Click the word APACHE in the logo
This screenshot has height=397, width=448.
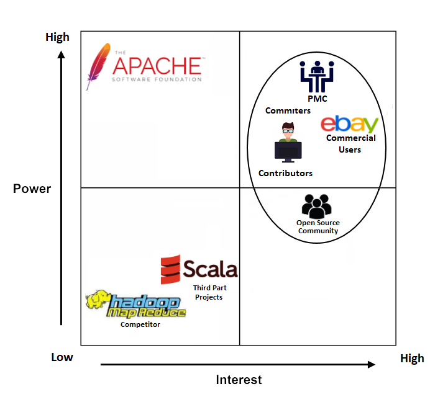157,66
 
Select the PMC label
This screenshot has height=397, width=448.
317,99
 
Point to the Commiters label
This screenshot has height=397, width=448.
288,110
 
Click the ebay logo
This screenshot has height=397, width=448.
350,123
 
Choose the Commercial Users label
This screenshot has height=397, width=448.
350,143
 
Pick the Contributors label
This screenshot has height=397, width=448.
285,173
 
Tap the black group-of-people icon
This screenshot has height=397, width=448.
317,205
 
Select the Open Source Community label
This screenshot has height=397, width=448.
318,226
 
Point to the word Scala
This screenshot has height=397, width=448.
210,269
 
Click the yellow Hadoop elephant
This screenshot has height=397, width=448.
98,300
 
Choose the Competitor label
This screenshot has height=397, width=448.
140,324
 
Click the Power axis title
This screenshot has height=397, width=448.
32,189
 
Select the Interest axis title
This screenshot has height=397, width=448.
239,380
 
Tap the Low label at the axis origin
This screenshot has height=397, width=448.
62,357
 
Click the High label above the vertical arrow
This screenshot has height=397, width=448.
57,37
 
